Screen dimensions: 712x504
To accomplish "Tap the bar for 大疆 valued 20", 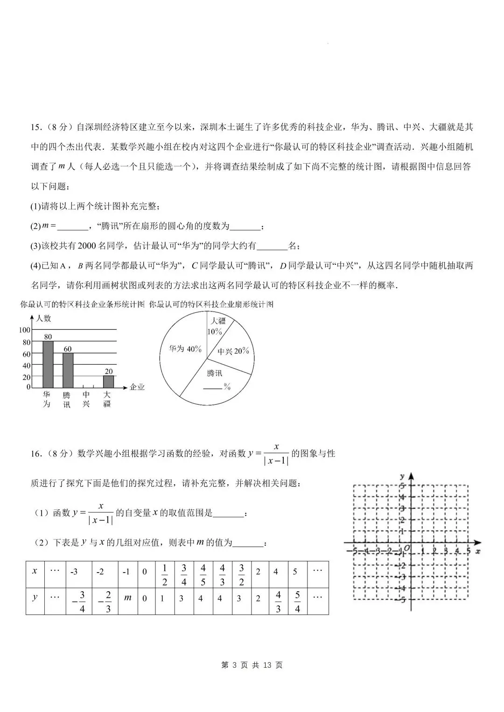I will [x=108, y=381].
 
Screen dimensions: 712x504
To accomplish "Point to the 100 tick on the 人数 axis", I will [x=24, y=330].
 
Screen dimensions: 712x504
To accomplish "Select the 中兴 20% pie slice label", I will [x=233, y=351].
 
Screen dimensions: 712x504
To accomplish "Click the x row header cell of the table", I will [x=35, y=571].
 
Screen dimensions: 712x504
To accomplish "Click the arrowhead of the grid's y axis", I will [x=411, y=476].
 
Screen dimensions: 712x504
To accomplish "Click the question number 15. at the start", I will [x=36, y=127].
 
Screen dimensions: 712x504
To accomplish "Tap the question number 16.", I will [x=36, y=454].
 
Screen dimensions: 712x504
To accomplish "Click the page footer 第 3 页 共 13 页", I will [x=252, y=664].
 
